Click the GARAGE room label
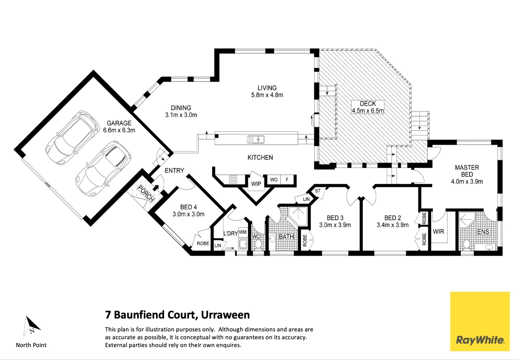tap(119, 123)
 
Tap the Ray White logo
tap(480, 321)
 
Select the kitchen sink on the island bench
tap(255, 139)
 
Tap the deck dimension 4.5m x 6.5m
tap(368, 111)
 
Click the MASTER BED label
tap(467, 168)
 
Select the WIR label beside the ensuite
tap(439, 231)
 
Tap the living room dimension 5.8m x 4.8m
tap(267, 95)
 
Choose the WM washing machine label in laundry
tap(242, 232)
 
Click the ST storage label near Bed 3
tap(318, 190)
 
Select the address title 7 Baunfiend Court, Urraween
tap(177, 315)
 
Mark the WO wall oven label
tap(273, 179)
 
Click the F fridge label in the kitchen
tap(287, 179)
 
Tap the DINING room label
tap(181, 108)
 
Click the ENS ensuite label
tap(483, 231)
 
